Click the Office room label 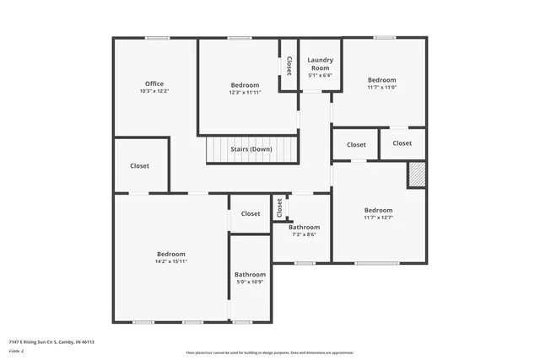pos(154,83)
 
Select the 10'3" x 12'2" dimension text pos(154,91)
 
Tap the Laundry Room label pos(320,64)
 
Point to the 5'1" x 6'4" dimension pos(320,76)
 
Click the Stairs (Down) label pos(251,149)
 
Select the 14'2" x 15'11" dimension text pos(170,261)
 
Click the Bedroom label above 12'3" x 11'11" pos(245,85)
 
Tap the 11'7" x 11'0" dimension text pos(381,87)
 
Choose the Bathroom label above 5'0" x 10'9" pos(250,275)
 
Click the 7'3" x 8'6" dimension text pos(304,234)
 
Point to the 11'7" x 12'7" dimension pos(378,218)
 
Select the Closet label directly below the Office pos(139,166)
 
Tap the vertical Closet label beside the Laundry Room pos(289,65)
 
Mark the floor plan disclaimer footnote pos(270,352)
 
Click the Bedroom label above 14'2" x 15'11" pos(170,254)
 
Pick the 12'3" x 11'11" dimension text pos(245,93)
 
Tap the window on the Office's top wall pos(156,38)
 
